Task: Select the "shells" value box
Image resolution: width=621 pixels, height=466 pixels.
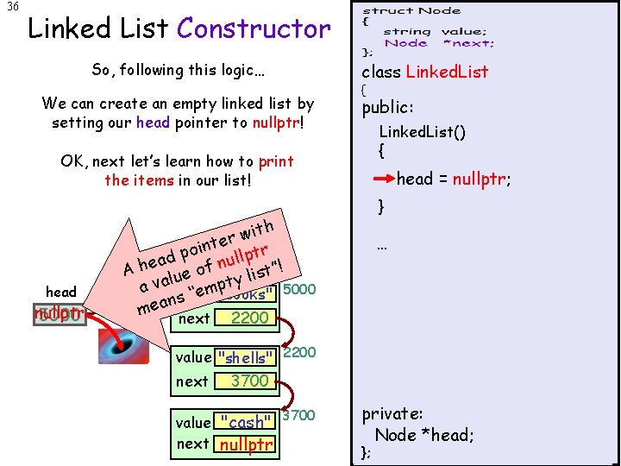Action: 246,358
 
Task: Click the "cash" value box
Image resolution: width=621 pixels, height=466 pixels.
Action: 246,422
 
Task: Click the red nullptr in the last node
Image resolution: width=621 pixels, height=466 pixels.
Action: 246,444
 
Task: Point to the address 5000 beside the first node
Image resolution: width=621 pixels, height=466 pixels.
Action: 299,289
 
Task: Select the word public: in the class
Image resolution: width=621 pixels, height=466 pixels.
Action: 388,107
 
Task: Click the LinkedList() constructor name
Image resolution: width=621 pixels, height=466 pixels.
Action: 423,132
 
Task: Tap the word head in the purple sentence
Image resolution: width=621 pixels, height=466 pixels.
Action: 153,123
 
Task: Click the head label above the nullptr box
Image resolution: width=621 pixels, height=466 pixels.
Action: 61,292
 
